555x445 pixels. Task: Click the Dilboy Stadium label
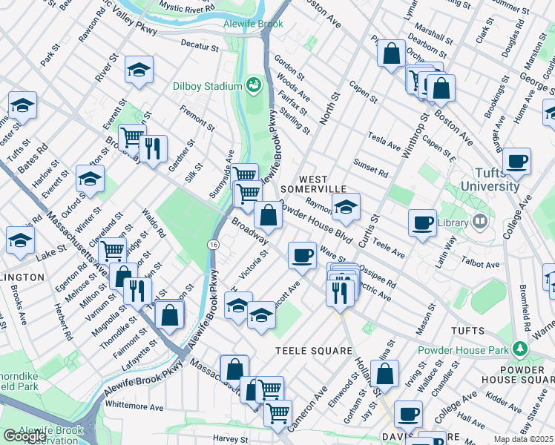208,86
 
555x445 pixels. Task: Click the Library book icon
480,222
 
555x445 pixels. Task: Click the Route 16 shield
214,244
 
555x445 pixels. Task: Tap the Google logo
24,436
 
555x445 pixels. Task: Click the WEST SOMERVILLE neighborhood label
323,185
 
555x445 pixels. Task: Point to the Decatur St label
201,45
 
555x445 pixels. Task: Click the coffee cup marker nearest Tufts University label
516,161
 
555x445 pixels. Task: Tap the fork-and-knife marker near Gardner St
153,149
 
